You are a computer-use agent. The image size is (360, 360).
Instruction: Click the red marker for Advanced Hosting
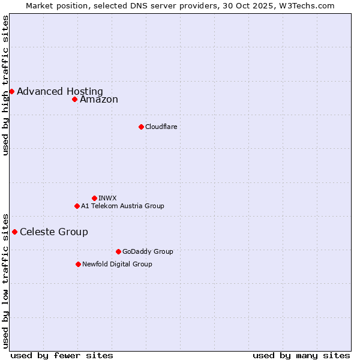(11, 91)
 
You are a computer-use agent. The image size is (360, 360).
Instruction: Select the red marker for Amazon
(74, 99)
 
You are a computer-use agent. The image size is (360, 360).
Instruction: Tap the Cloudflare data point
(141, 127)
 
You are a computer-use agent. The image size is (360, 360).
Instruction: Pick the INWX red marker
(94, 198)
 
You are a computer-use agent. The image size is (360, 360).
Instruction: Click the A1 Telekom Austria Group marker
(77, 206)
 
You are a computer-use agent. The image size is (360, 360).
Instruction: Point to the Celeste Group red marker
(14, 232)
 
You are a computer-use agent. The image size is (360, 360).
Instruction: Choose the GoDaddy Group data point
(118, 251)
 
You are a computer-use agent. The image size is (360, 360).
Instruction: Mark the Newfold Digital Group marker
(78, 264)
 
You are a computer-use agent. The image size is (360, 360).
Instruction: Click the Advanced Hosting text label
(60, 92)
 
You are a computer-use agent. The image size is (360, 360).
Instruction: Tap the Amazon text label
(99, 100)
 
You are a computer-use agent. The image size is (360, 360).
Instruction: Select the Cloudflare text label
(161, 127)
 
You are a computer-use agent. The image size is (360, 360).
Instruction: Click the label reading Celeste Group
(54, 232)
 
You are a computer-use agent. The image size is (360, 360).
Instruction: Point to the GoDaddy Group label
(148, 251)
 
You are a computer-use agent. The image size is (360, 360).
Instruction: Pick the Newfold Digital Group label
(117, 264)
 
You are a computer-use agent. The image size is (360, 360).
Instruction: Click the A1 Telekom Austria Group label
(122, 206)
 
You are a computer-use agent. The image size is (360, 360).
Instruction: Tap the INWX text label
(107, 198)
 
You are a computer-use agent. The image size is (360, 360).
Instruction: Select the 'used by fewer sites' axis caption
(62, 355)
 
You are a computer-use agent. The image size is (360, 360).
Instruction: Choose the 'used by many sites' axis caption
(301, 355)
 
